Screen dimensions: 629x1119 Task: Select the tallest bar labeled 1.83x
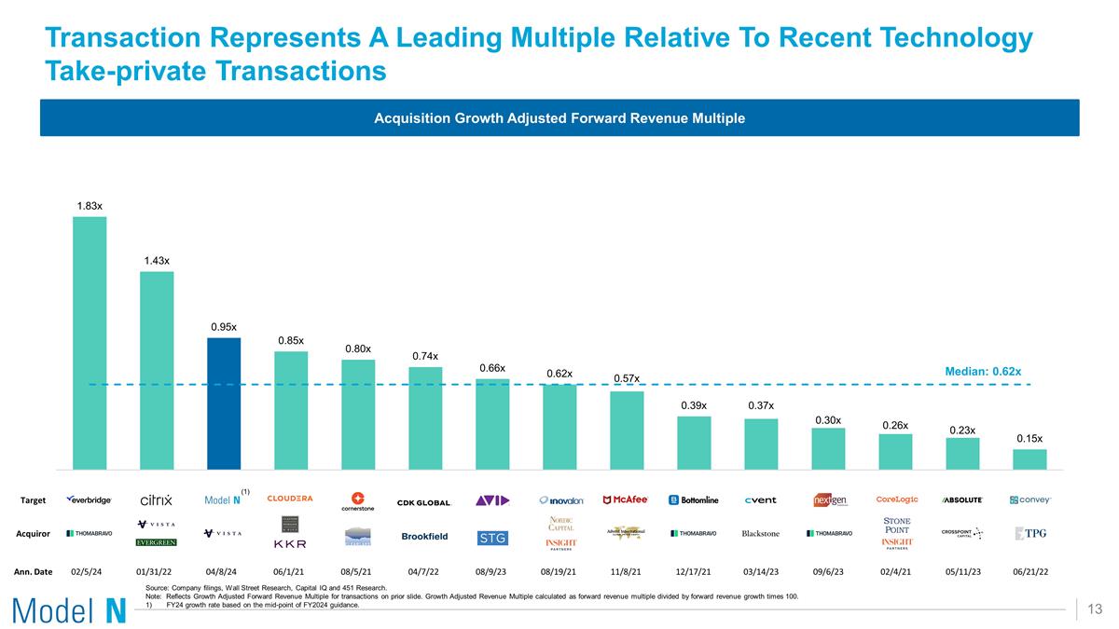90,342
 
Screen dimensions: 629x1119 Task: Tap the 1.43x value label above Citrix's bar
157,261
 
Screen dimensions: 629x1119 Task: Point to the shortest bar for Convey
1029,458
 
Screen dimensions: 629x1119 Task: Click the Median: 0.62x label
982,371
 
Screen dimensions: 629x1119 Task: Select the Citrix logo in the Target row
156,500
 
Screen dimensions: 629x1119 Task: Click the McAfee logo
626,499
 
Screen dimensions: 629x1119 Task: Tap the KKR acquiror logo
290,543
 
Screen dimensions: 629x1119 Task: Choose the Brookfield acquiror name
424,536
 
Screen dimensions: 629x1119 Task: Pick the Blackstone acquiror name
760,534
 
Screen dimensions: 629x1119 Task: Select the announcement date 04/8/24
223,571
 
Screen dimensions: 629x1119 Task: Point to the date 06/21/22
1029,571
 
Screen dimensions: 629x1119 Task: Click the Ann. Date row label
33,571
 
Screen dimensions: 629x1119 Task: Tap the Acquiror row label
34,534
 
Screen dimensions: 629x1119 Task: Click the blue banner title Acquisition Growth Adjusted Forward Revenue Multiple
559,118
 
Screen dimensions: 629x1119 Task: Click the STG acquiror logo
491,538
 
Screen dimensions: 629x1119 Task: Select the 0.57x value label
627,377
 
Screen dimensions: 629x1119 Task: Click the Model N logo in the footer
69,610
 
